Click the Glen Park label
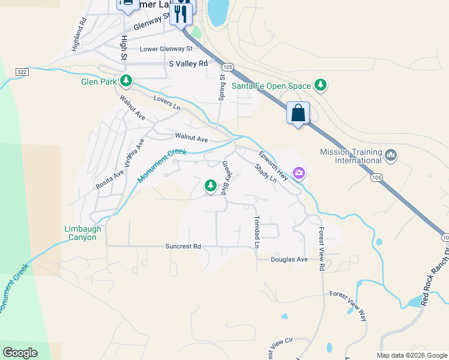click(x=99, y=82)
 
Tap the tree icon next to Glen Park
click(x=125, y=80)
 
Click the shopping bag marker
click(x=298, y=113)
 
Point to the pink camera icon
click(x=298, y=173)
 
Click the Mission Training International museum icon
click(x=391, y=156)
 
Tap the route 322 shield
click(x=20, y=71)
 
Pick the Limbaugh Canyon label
click(x=83, y=233)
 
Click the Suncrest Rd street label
click(x=183, y=246)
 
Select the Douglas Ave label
click(x=289, y=259)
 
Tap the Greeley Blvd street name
click(x=227, y=178)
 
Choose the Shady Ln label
click(x=265, y=173)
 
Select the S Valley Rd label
click(x=188, y=63)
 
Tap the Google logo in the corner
click(x=20, y=353)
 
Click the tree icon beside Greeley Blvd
click(x=210, y=186)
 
